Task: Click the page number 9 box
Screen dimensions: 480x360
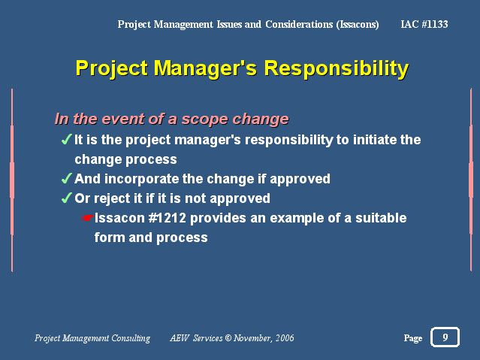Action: [445, 337]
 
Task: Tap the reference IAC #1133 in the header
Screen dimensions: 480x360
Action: [424, 24]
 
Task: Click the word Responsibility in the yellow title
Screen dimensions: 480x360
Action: [336, 68]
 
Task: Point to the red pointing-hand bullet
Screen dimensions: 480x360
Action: [87, 218]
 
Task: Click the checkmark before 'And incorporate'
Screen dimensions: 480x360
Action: [67, 178]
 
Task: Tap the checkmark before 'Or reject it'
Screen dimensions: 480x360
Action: [67, 198]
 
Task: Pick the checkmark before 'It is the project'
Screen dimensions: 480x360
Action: [67, 139]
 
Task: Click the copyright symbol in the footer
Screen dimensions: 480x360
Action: [228, 338]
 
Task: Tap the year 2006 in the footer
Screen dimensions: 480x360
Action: [285, 338]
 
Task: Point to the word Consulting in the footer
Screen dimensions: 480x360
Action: [131, 338]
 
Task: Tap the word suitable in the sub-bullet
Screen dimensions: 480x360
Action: [381, 218]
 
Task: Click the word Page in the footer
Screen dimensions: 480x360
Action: [413, 338]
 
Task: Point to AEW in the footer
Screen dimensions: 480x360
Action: [180, 338]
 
